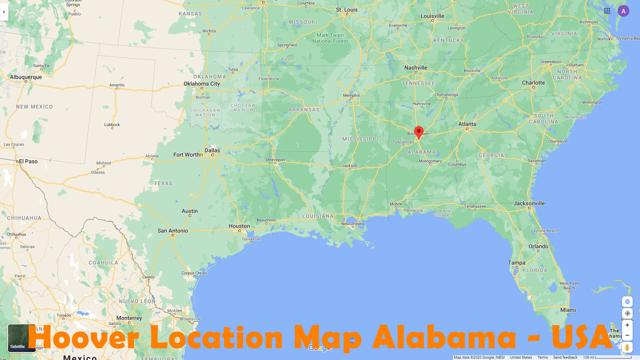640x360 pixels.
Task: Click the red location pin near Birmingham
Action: (419, 132)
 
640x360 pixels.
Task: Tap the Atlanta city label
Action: (467, 124)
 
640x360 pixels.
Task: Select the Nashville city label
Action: (415, 68)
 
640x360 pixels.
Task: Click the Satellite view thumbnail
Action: (22, 338)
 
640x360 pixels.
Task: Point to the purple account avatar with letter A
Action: (623, 11)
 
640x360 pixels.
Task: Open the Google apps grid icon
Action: (607, 11)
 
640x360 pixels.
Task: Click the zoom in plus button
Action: (627, 325)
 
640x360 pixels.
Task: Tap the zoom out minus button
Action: (627, 335)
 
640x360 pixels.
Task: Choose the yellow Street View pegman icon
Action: (627, 347)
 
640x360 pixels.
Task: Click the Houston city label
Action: (239, 226)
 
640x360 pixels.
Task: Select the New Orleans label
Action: (353, 224)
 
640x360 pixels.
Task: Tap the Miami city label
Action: (568, 310)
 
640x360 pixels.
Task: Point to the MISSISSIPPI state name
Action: (360, 139)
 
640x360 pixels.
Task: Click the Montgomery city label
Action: (430, 161)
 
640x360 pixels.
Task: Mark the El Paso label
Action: (28, 161)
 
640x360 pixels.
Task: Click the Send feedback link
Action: (565, 357)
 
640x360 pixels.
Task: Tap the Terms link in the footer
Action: (542, 357)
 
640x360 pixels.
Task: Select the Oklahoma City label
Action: (202, 84)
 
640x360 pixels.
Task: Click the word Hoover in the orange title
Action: (83, 337)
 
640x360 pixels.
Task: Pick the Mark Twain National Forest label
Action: (330, 38)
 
